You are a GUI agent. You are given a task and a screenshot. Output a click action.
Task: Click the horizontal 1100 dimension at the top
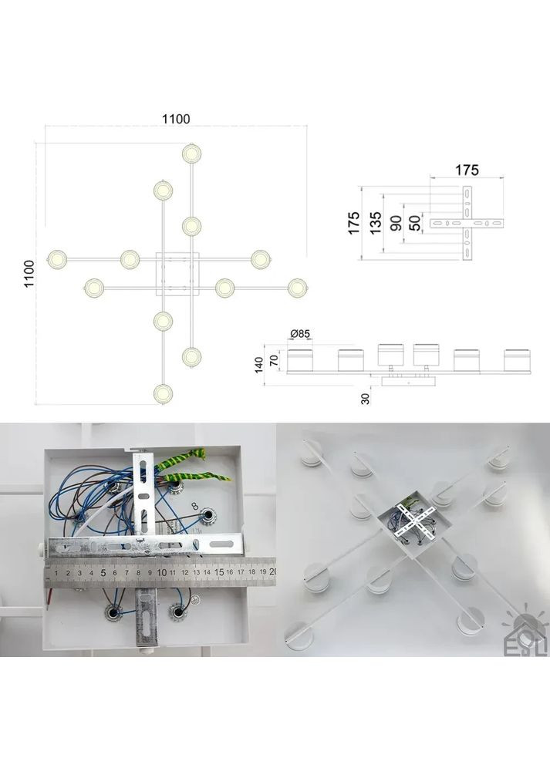pyautogui.click(x=176, y=119)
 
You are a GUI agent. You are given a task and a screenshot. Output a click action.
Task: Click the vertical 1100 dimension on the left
pyautogui.click(x=29, y=274)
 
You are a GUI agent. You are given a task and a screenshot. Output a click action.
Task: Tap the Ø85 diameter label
pyautogui.click(x=300, y=334)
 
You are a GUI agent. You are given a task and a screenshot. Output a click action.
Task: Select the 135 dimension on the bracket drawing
pyautogui.click(x=376, y=223)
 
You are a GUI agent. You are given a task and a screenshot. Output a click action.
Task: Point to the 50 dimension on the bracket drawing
pyautogui.click(x=414, y=223)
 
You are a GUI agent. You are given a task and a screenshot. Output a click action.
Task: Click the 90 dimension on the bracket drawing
pyautogui.click(x=396, y=223)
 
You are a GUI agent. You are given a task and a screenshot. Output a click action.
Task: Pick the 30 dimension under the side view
pyautogui.click(x=365, y=399)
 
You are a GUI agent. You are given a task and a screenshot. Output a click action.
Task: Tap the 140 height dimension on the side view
pyautogui.click(x=259, y=365)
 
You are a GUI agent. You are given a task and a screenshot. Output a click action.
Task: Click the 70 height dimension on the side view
pyautogui.click(x=275, y=361)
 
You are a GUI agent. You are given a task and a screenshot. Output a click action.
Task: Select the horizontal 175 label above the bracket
pyautogui.click(x=467, y=170)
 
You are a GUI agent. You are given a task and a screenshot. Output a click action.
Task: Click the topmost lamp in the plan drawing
pyautogui.click(x=192, y=153)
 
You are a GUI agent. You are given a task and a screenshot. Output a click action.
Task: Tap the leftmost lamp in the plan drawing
pyautogui.click(x=57, y=259)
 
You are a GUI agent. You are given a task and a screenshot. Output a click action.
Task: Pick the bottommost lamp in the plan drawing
pyautogui.click(x=163, y=394)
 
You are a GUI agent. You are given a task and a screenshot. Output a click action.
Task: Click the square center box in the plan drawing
pyautogui.click(x=177, y=274)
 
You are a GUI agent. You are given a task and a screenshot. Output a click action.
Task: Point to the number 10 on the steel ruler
pyautogui.click(x=162, y=573)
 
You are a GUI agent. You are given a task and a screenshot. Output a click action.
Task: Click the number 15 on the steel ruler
pyautogui.click(x=219, y=572)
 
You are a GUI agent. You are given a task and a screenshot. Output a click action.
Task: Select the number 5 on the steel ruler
pyautogui.click(x=103, y=573)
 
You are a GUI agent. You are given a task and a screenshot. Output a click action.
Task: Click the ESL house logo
pyautogui.click(x=524, y=634)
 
